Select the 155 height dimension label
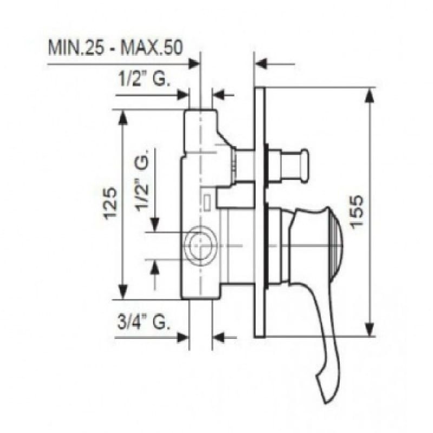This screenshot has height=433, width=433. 357,211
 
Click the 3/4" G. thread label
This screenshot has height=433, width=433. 143,323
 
